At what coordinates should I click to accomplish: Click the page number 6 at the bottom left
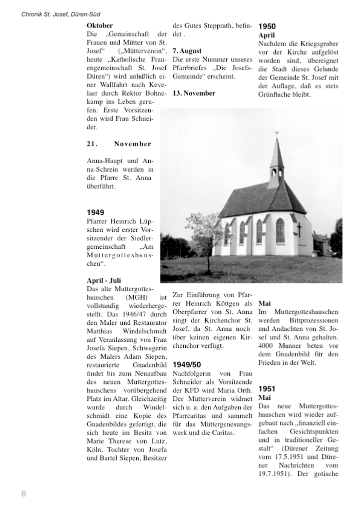tap(24, 493)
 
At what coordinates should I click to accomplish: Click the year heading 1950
tap(267, 26)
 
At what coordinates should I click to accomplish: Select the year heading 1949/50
tap(187, 364)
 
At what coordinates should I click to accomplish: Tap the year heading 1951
tap(267, 388)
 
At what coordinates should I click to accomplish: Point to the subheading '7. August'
tap(187, 51)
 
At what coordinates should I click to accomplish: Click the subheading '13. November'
tap(194, 93)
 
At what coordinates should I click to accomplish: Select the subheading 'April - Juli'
tap(104, 280)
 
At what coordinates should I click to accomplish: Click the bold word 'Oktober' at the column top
tap(100, 25)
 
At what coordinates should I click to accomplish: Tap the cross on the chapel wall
tap(299, 229)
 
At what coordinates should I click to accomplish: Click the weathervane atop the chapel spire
tap(276, 133)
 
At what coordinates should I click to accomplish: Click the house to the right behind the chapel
tap(320, 243)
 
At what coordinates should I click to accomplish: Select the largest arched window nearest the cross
tap(280, 230)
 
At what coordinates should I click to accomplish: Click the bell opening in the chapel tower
tap(274, 172)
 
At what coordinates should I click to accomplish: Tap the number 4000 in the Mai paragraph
tap(266, 345)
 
